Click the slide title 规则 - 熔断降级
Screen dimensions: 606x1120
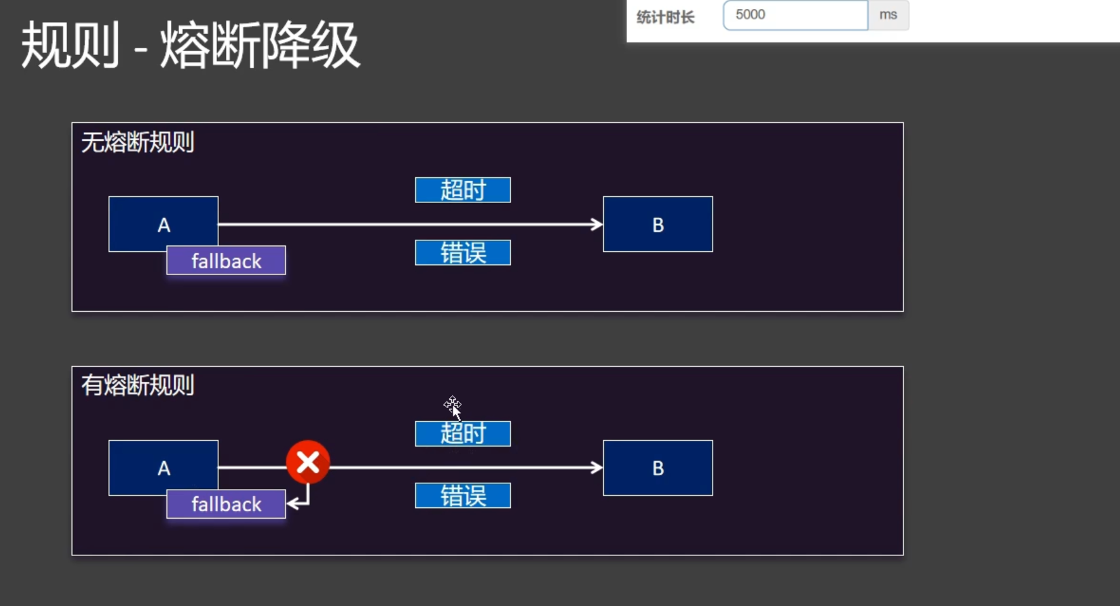point(190,46)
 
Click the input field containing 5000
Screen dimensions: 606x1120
point(795,15)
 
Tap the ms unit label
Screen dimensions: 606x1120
point(888,15)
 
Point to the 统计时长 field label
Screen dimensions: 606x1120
point(665,17)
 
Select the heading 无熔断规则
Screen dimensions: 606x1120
point(137,142)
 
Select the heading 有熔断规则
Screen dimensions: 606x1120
point(137,385)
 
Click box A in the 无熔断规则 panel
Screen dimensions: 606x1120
point(163,221)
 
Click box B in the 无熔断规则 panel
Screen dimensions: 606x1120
point(657,225)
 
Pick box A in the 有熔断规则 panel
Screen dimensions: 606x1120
point(163,465)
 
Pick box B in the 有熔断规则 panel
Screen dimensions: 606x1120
point(657,468)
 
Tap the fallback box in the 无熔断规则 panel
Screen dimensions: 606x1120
point(226,261)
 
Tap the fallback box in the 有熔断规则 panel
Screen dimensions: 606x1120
point(226,504)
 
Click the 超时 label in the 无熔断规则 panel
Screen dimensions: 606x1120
point(463,190)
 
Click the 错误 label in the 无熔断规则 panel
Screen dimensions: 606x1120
point(463,253)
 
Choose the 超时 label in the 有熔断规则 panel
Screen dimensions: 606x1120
point(463,434)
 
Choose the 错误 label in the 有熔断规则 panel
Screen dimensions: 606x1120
point(463,496)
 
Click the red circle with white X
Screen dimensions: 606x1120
point(308,462)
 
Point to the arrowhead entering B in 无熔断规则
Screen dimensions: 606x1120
point(596,224)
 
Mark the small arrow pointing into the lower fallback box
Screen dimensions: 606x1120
point(294,504)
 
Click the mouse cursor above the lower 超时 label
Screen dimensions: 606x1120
point(453,406)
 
